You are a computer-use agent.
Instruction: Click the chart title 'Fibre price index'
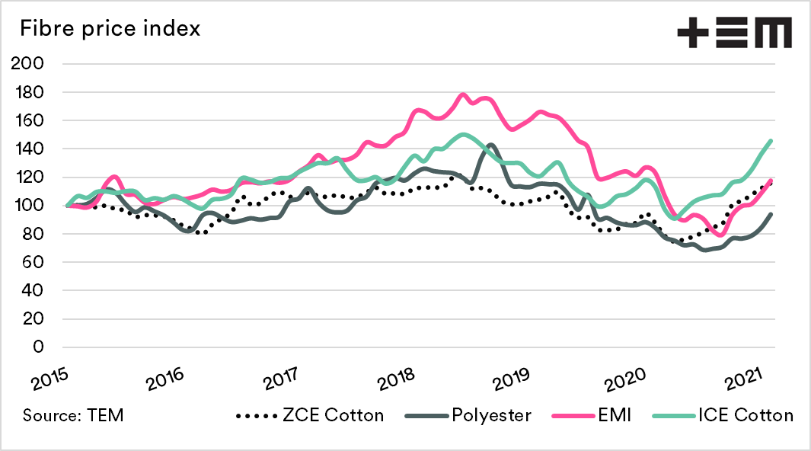110,30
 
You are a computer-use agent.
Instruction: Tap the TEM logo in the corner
734,33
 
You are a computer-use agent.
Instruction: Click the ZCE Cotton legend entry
310,415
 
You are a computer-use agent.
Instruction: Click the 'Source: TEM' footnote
73,415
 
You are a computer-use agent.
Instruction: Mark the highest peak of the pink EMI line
463,94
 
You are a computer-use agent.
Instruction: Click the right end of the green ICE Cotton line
771,140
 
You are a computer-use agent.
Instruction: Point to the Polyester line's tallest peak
490,144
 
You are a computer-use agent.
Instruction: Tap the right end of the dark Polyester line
771,214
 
